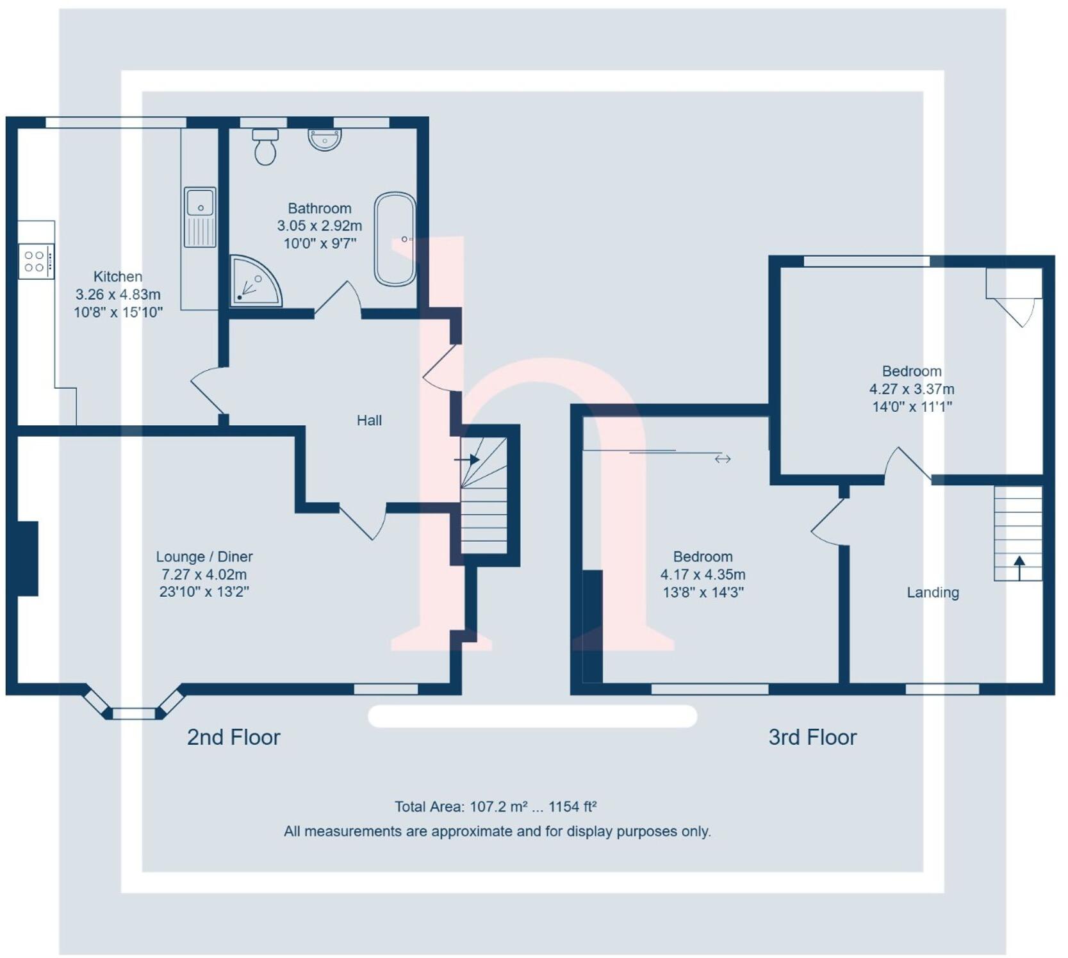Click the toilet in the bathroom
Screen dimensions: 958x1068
pyautogui.click(x=265, y=147)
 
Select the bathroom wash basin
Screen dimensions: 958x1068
pyautogui.click(x=325, y=139)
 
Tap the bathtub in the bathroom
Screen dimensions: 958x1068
pyautogui.click(x=395, y=239)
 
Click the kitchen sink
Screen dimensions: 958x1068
pyautogui.click(x=200, y=216)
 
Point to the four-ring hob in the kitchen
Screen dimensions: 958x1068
pyautogui.click(x=36, y=261)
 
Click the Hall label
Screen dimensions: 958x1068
pyautogui.click(x=369, y=421)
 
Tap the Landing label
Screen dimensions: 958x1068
pyautogui.click(x=933, y=593)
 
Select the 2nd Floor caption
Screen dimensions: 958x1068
pyautogui.click(x=234, y=737)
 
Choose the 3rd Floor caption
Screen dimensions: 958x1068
pyautogui.click(x=812, y=737)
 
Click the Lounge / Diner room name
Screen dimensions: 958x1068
pyautogui.click(x=204, y=557)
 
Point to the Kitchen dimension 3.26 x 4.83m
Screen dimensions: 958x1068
pyautogui.click(x=118, y=295)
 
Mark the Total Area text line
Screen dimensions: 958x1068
pyautogui.click(x=495, y=807)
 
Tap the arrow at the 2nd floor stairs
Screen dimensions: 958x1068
pyautogui.click(x=468, y=459)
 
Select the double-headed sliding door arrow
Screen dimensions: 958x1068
pyautogui.click(x=723, y=459)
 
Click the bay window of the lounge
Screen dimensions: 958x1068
pyautogui.click(x=134, y=708)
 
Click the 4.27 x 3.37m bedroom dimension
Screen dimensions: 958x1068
pyautogui.click(x=911, y=389)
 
